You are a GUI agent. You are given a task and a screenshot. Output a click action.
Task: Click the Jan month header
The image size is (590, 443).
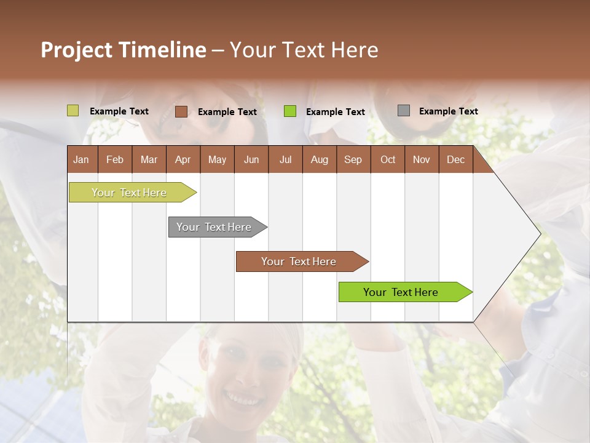[x=82, y=160]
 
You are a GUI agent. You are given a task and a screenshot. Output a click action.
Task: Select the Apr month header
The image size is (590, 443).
[x=183, y=160]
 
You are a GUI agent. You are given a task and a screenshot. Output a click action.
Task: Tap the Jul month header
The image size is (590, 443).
[x=286, y=160]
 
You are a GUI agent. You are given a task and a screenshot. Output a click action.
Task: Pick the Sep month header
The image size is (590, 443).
[x=353, y=160]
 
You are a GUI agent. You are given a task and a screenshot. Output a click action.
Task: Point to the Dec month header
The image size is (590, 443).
[x=456, y=160]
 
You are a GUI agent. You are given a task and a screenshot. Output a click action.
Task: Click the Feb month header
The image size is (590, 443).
[x=115, y=160]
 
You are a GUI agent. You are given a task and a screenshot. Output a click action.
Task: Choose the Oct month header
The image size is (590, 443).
[x=388, y=160]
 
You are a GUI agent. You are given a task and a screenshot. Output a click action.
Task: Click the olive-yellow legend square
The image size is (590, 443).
[x=73, y=111]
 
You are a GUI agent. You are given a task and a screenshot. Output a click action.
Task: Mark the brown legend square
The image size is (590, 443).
[x=181, y=111]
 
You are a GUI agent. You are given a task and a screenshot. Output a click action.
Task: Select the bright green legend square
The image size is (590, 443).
[x=290, y=111]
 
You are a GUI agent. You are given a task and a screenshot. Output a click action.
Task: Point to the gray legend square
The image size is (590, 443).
[x=404, y=111]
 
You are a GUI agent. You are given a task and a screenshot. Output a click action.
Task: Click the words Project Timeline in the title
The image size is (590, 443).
[x=123, y=50]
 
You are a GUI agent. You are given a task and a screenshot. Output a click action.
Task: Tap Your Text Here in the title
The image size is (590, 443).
[x=304, y=50]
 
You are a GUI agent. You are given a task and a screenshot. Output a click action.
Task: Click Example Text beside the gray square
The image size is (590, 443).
[x=448, y=111]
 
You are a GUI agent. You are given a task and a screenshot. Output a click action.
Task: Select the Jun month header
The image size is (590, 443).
[x=251, y=160]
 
